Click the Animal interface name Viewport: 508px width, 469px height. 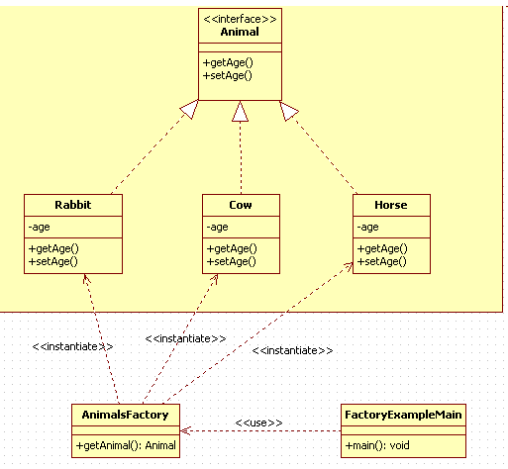pos(240,32)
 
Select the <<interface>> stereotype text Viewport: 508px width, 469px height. pos(240,19)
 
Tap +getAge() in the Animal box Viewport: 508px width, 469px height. pos(228,62)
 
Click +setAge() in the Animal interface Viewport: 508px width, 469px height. pos(227,75)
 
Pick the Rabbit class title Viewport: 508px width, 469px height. pos(73,205)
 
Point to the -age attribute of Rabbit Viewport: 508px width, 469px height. pos(39,227)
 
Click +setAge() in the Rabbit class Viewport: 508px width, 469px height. pos(52,261)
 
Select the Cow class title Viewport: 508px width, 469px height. pos(241,205)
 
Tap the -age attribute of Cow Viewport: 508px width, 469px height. pos(217,227)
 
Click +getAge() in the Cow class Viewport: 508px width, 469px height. pos(232,248)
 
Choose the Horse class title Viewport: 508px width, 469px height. pos(391,205)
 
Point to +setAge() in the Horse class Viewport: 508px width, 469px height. pos(381,261)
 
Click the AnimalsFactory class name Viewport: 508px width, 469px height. pos(125,415)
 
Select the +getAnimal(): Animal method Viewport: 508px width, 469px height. pos(126,445)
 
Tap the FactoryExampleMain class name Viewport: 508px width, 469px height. pos(403,415)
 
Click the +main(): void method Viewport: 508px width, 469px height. pos(377,445)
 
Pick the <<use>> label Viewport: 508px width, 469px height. pos(258,422)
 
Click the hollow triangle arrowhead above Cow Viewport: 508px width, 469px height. pos(240,111)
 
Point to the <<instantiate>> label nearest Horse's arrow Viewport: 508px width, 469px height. pos(292,350)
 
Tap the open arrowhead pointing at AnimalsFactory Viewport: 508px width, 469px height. pos(185,430)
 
